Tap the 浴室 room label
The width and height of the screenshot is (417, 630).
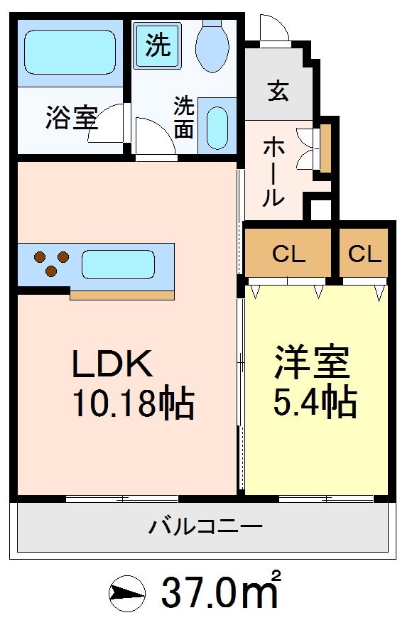pos(71,119)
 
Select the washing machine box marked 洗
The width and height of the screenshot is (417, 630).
pos(158,46)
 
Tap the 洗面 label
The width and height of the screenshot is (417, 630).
pos(184,118)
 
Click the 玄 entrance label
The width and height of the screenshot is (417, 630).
pos(278,92)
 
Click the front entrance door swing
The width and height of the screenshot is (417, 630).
pos(274,31)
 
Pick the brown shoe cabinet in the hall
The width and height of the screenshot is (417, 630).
pos(326,149)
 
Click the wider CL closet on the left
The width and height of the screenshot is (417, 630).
pos(288,254)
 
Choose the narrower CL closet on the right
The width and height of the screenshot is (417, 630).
pos(364,254)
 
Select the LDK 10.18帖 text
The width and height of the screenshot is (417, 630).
pos(131,384)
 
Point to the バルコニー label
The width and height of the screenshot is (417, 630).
pos(205,527)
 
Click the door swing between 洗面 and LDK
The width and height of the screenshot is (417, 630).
pos(154,136)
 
